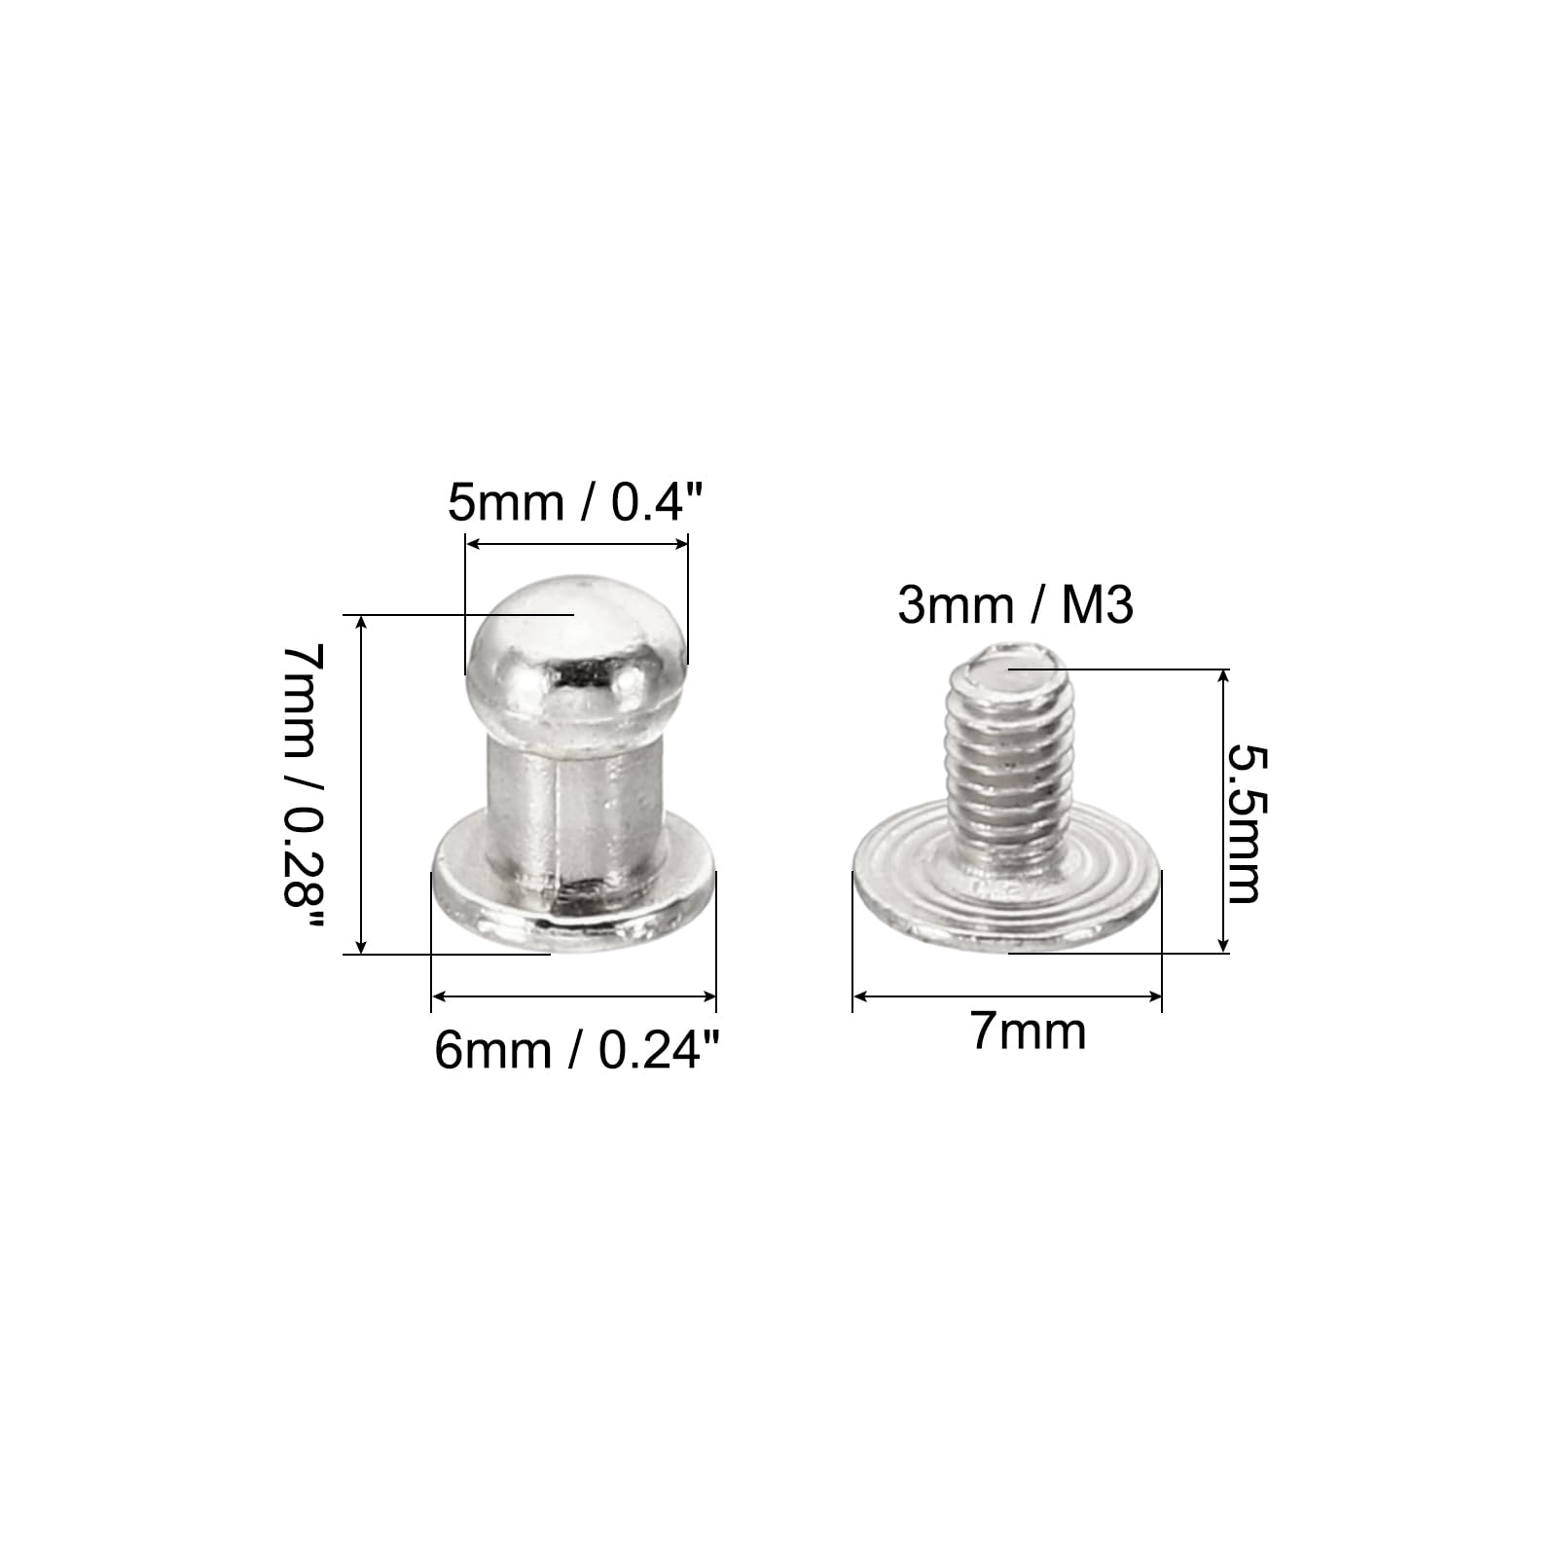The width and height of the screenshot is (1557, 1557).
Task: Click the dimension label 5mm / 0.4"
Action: pos(574,503)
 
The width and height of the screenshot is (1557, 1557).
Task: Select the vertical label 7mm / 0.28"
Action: pos(302,787)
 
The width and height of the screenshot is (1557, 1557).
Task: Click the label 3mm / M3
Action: pos(1015,605)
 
